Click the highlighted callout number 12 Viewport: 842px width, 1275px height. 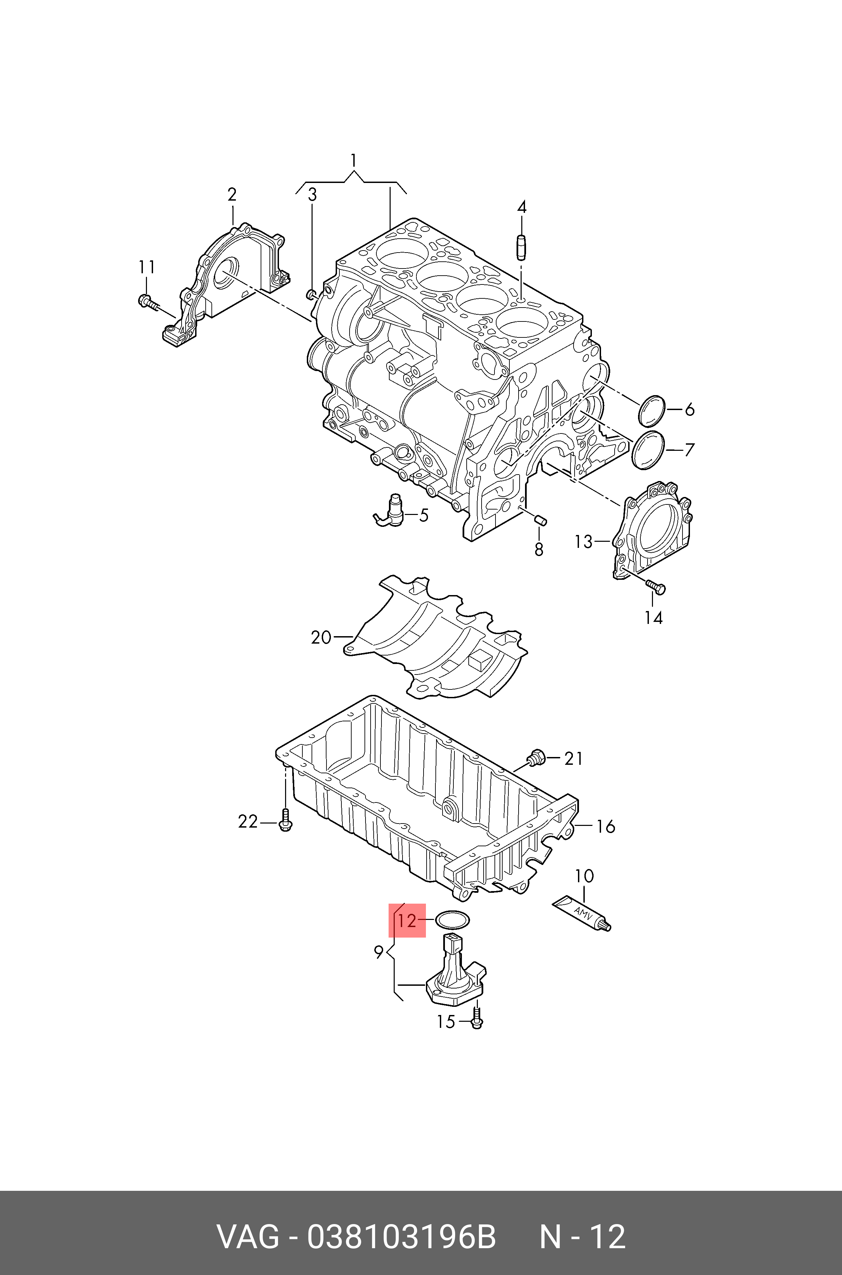click(x=407, y=921)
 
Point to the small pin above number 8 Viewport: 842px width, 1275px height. click(x=540, y=518)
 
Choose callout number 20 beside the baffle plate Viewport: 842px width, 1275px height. click(x=321, y=637)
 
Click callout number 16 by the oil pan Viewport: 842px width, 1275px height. click(x=605, y=827)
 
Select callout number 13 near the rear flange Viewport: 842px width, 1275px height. click(x=583, y=542)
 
